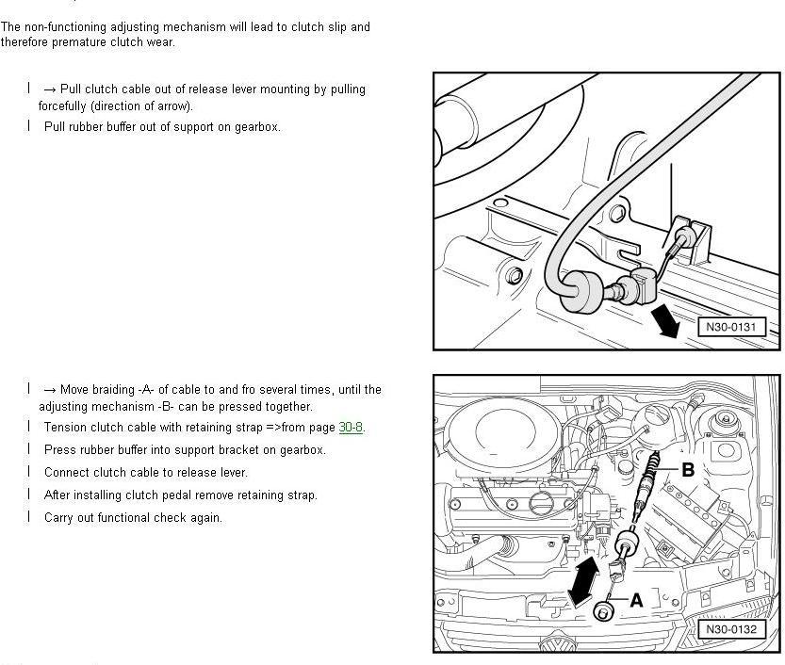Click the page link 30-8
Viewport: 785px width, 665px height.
tap(351, 428)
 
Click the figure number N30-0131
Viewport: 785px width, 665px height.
tap(731, 328)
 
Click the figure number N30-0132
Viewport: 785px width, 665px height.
tap(731, 629)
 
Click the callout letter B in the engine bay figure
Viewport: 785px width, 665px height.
tap(688, 469)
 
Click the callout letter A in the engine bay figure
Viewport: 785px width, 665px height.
tap(636, 599)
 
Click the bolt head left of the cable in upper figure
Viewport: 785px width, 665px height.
tap(514, 276)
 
